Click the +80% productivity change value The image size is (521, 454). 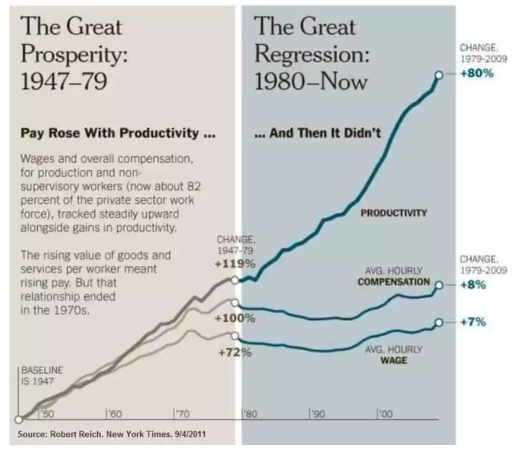click(477, 74)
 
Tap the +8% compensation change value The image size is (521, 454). click(473, 284)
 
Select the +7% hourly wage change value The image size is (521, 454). click(473, 322)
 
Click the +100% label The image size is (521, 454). click(236, 319)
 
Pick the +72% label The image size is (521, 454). click(236, 353)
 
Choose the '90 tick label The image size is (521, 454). click(318, 415)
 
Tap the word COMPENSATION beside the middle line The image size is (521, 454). click(393, 281)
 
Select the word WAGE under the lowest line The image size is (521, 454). click(395, 359)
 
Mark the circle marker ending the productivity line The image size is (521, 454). click(439, 75)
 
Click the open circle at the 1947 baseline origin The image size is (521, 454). click(19, 420)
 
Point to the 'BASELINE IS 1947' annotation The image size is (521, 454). click(41, 375)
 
